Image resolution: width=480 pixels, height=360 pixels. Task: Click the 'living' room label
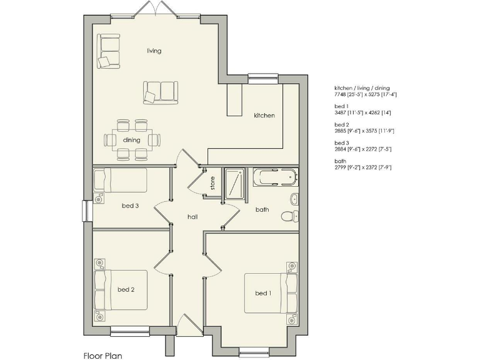154,51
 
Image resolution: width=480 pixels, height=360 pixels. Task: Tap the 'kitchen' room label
264,116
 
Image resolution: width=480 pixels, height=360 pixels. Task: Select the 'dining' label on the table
131,140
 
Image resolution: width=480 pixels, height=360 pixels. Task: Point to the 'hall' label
192,216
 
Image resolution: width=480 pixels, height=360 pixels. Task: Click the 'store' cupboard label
212,183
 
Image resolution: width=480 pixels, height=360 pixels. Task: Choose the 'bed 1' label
263,293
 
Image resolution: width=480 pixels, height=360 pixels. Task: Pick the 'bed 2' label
126,289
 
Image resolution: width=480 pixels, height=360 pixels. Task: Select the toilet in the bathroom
288,217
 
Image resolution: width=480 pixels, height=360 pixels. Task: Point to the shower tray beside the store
236,184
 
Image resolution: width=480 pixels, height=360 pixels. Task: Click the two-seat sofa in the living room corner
108,51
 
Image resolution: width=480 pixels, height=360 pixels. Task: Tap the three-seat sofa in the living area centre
160,91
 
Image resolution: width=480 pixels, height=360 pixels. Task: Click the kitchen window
262,77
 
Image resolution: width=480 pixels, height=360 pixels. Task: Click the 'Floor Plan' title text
102,356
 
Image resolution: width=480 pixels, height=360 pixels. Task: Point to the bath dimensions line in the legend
362,167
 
